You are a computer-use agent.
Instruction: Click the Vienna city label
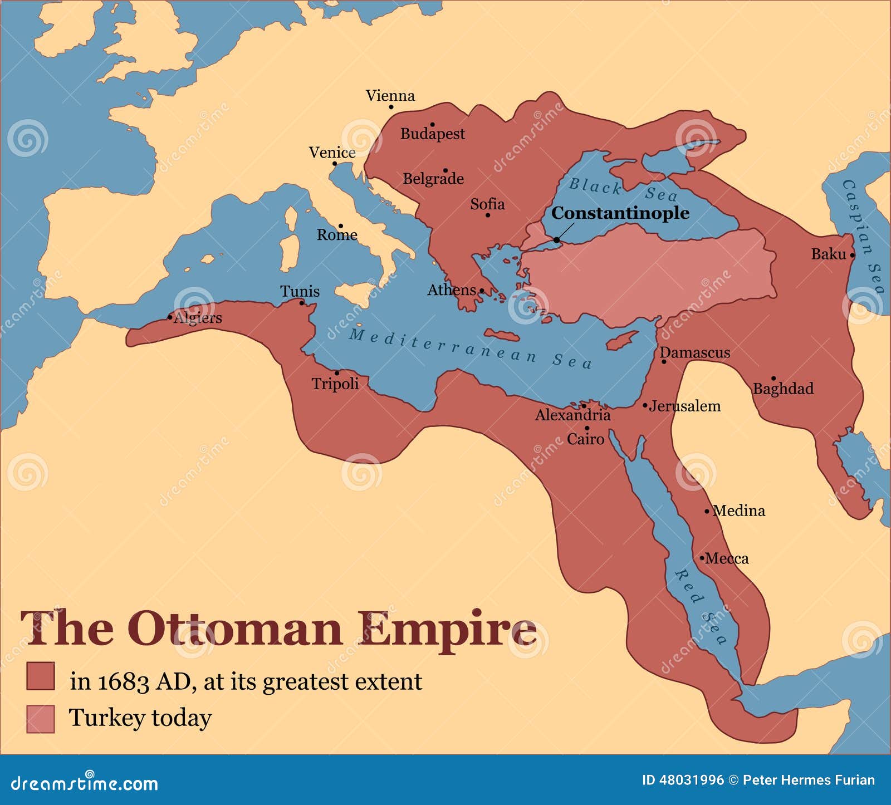click(390, 96)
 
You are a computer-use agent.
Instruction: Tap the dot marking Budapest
click(432, 125)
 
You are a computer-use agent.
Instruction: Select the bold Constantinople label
click(620, 213)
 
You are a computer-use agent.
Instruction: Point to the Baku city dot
click(852, 256)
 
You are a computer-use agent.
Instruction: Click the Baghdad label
click(783, 389)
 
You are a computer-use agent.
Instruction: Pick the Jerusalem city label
click(684, 406)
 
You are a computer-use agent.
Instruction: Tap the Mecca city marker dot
click(702, 557)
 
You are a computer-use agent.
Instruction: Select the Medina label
click(739, 511)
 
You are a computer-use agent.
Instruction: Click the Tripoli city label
click(335, 384)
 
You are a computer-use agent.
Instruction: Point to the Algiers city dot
click(170, 317)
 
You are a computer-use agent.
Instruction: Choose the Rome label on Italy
click(337, 235)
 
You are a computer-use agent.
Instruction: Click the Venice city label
click(332, 153)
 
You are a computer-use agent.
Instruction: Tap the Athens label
click(451, 290)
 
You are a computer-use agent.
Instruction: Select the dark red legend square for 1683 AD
click(41, 676)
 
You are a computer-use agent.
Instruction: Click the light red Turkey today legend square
click(41, 719)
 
